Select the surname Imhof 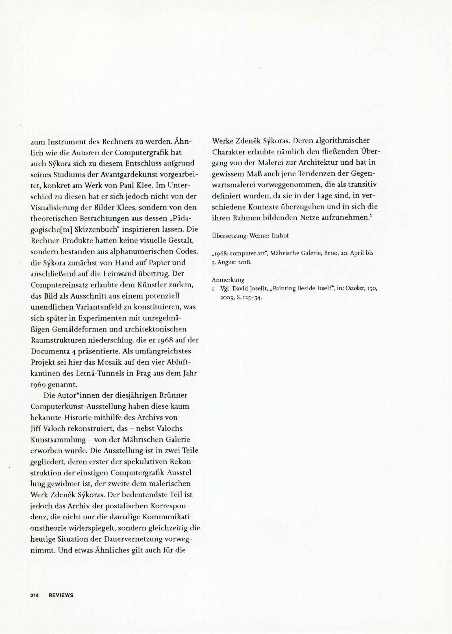click(x=281, y=236)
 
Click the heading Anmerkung click(x=228, y=280)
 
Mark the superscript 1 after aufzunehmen click(x=370, y=215)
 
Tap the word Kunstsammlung click(x=58, y=440)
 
